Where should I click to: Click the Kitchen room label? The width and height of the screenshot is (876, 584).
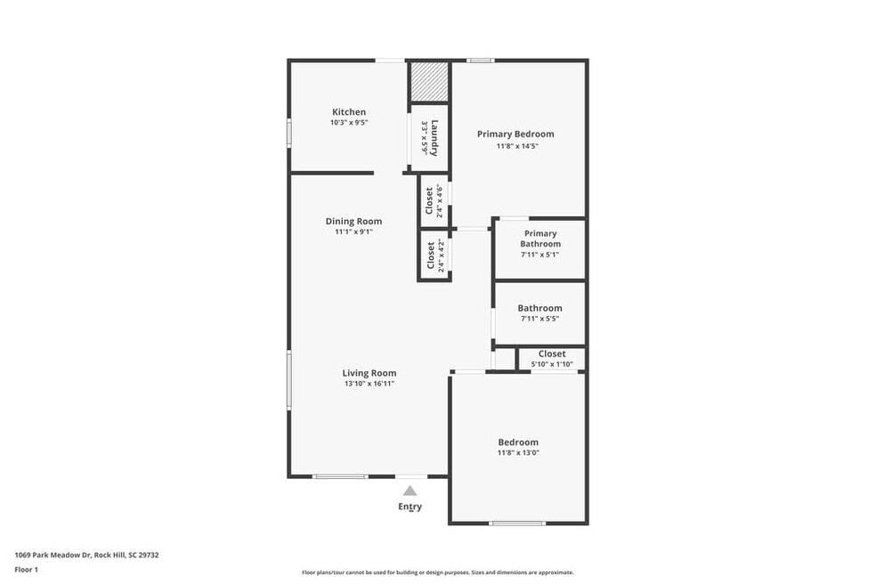click(x=349, y=112)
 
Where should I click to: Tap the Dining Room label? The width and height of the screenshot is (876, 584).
click(x=353, y=222)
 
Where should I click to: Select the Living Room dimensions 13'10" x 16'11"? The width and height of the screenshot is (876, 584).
click(x=369, y=384)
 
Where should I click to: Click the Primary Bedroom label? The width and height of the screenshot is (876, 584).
click(x=515, y=134)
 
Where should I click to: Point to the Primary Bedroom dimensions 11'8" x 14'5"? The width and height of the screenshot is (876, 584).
click(x=517, y=146)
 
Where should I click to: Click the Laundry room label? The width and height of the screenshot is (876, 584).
click(x=434, y=138)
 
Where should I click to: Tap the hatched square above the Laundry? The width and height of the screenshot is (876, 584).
click(x=430, y=82)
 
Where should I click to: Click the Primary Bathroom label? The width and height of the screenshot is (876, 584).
click(x=540, y=239)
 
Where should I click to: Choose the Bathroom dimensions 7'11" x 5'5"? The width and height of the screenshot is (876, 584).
click(x=539, y=319)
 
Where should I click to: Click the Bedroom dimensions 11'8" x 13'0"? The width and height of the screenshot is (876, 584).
click(x=518, y=452)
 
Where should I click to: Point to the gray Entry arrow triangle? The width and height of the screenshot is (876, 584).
click(x=410, y=491)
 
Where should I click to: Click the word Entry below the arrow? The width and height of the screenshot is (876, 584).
click(x=410, y=507)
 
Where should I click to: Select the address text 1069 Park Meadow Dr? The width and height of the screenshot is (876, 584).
click(x=53, y=555)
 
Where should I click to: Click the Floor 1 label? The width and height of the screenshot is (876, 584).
click(x=26, y=570)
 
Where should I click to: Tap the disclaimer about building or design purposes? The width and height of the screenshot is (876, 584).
click(x=437, y=572)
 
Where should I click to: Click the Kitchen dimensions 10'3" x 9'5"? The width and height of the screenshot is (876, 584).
click(x=349, y=122)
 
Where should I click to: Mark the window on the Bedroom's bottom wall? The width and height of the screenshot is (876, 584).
click(x=517, y=523)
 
